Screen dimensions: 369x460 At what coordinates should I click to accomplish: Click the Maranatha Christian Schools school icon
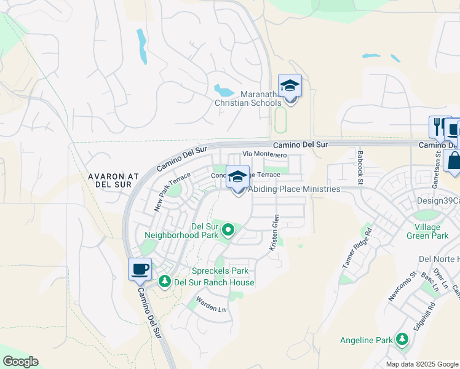(290, 87)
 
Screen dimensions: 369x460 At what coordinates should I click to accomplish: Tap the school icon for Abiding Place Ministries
(238, 178)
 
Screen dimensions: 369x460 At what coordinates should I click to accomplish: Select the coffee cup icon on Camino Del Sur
(140, 269)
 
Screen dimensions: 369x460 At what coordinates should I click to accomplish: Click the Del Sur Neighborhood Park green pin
(228, 231)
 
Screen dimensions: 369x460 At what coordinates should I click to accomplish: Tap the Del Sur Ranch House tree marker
(164, 282)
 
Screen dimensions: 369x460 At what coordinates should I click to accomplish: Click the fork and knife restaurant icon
(438, 127)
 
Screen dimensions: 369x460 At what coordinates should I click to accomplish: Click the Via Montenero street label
(265, 154)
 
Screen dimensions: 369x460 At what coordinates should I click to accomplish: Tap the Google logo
(20, 362)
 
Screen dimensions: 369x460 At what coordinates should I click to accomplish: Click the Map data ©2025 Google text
(421, 364)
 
